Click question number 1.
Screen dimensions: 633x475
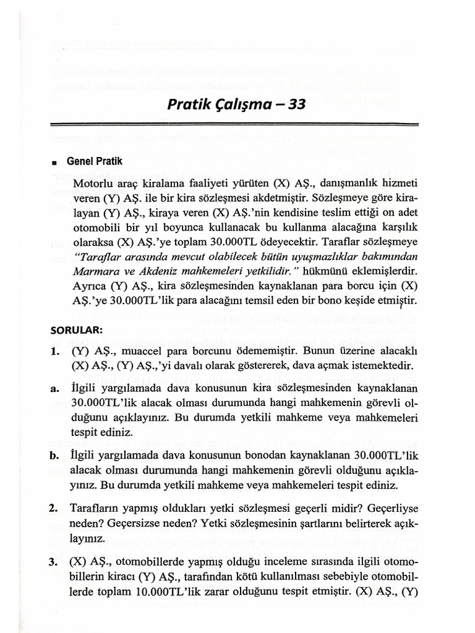[56, 351]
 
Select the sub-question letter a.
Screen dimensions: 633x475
[55, 388]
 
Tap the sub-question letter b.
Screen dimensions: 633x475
[55, 456]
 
